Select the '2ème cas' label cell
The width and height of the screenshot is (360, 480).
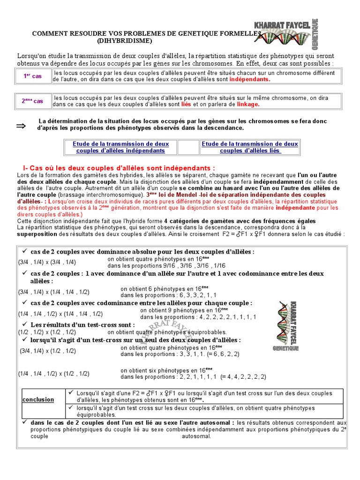click(32, 101)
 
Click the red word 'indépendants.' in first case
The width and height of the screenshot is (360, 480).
click(250, 80)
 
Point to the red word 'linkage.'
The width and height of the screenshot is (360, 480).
click(248, 104)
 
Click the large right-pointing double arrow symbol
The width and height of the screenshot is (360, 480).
click(22, 126)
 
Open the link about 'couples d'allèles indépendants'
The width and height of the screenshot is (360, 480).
click(121, 147)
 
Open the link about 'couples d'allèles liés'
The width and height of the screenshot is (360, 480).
click(250, 147)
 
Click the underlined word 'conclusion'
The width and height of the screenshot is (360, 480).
click(38, 399)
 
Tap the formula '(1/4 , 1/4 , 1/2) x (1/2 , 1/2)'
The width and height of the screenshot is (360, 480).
click(54, 374)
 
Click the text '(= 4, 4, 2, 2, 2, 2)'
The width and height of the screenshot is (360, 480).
click(243, 376)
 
